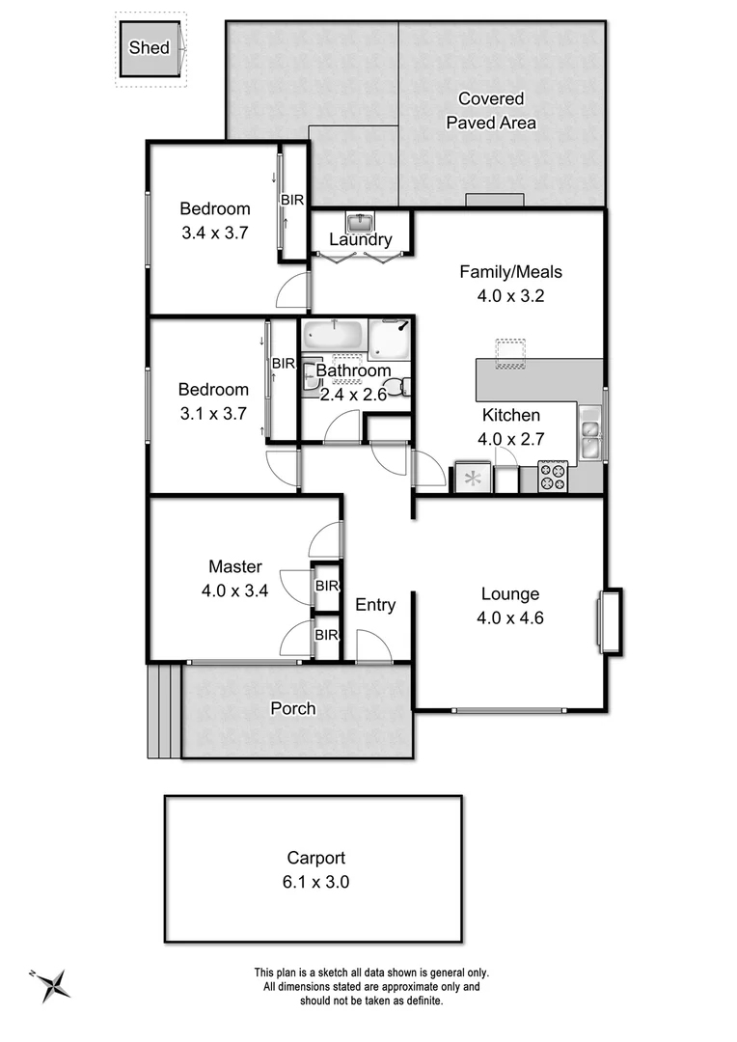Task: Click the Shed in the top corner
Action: point(150,49)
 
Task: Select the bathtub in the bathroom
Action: point(333,337)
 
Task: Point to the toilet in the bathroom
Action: point(406,387)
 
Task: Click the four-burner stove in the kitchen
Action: point(553,476)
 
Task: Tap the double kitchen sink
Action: point(589,433)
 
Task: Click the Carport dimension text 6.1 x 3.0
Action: point(315,880)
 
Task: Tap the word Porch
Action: point(292,708)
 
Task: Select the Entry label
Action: point(375,605)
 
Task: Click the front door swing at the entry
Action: point(372,646)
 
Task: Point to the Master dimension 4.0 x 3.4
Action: point(234,590)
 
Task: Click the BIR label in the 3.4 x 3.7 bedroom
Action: point(292,200)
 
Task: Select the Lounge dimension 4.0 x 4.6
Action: point(510,617)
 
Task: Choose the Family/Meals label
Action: point(510,272)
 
